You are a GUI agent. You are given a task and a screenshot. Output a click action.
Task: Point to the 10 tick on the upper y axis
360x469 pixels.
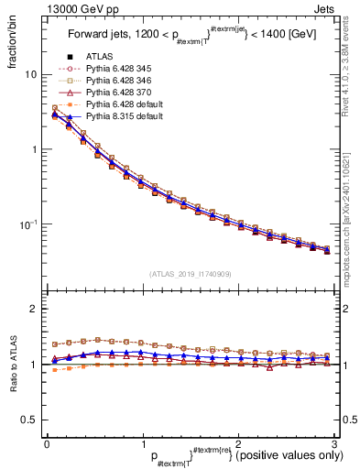(x=31, y=74)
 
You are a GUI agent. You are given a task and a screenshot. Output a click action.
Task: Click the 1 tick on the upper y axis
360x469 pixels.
(x=34, y=149)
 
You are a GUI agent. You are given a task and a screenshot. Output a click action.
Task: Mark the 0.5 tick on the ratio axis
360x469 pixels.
(x=30, y=420)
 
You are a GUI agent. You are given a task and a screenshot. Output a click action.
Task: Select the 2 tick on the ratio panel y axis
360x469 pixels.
(x=34, y=310)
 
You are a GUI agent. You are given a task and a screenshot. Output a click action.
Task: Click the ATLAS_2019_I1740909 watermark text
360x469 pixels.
(x=189, y=274)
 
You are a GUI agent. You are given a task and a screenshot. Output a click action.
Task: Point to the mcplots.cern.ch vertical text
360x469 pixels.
(x=351, y=211)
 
